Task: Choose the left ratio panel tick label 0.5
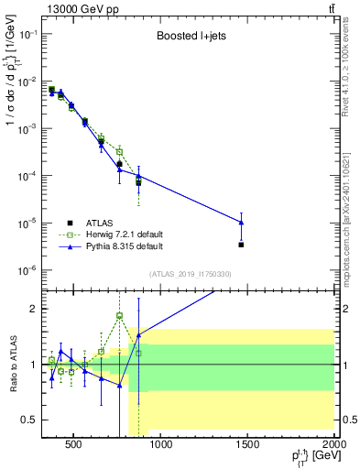(x=31, y=420)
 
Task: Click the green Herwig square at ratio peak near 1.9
(x=119, y=316)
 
